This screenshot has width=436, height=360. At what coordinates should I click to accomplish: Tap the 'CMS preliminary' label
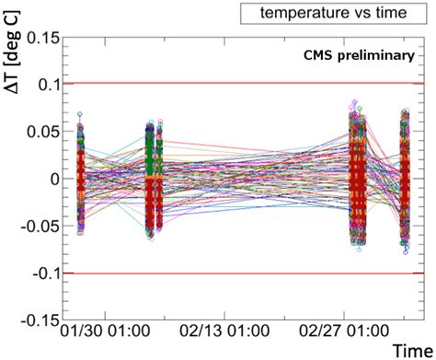click(x=360, y=55)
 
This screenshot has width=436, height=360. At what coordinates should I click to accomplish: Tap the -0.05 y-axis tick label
click(x=36, y=226)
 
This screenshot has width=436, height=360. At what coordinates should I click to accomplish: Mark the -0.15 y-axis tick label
click(x=36, y=321)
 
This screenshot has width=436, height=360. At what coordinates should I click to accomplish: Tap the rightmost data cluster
click(x=405, y=180)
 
